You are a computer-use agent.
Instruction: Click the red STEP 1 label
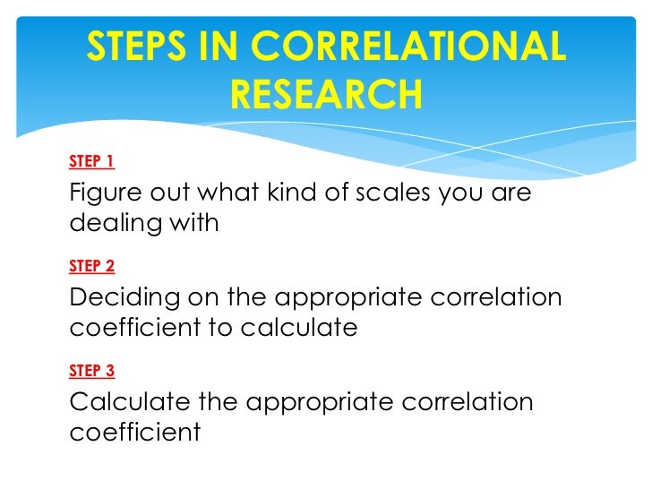pyautogui.click(x=91, y=162)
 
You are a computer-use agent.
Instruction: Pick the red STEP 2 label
pyautogui.click(x=91, y=266)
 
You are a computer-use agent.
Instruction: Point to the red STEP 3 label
pyautogui.click(x=91, y=370)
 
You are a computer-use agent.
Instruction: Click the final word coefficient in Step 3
pyautogui.click(x=134, y=432)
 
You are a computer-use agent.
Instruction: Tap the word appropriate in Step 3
pyautogui.click(x=317, y=403)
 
